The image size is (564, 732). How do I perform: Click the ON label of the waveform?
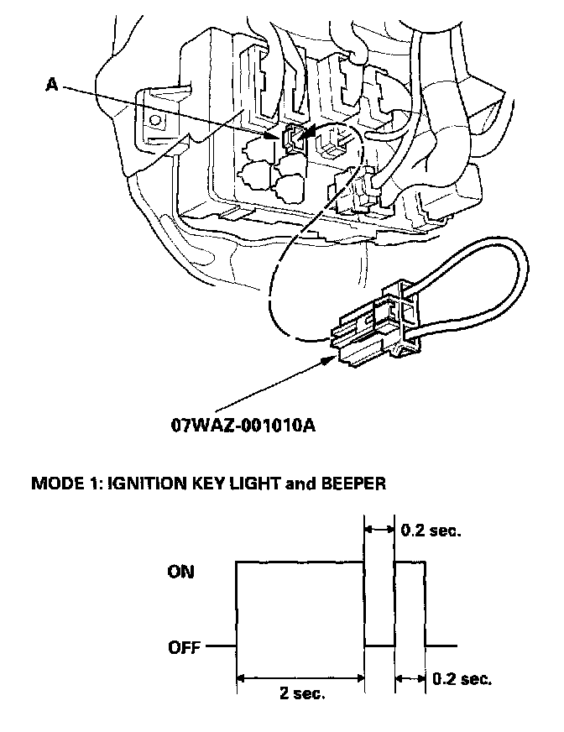[180, 572]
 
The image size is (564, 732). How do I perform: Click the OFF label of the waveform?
[184, 647]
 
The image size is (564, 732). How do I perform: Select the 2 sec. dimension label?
[301, 693]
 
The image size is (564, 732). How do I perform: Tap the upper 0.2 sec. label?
[431, 531]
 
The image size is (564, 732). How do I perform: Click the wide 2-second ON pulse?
[300, 604]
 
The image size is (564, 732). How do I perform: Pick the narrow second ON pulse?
[410, 604]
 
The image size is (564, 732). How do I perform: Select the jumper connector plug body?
[369, 331]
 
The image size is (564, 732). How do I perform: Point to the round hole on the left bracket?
[156, 119]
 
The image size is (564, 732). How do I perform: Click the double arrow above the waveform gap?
[379, 530]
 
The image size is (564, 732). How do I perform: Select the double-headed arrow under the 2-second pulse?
[300, 677]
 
